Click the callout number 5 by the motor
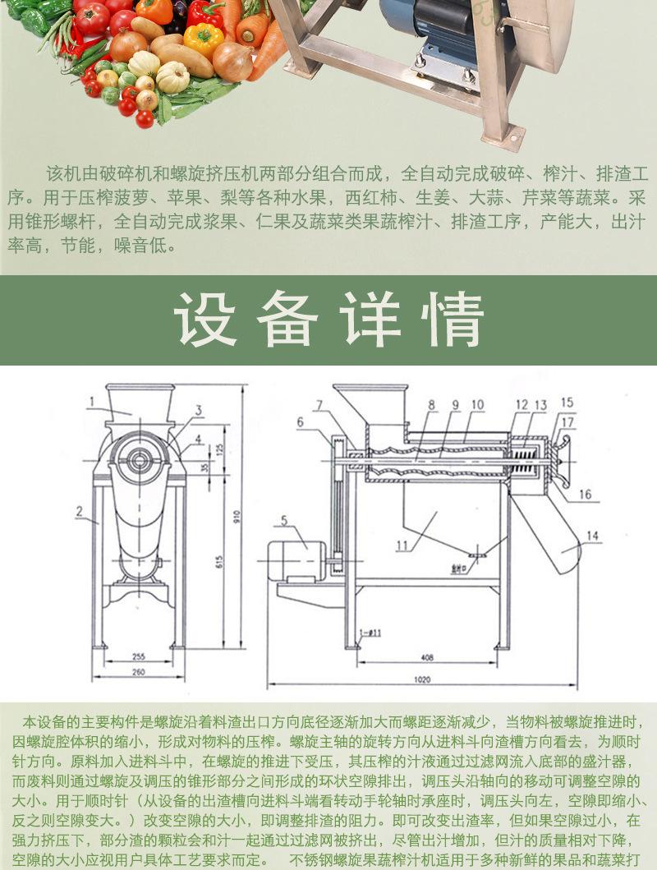pos(284,519)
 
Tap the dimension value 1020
pos(421,680)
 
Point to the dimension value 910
pos(237,518)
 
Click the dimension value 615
pos(219,561)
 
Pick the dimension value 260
pos(136,671)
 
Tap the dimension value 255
pos(136,656)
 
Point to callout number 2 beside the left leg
pos(79,511)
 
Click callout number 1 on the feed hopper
pos(93,401)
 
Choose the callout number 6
pos(300,422)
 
